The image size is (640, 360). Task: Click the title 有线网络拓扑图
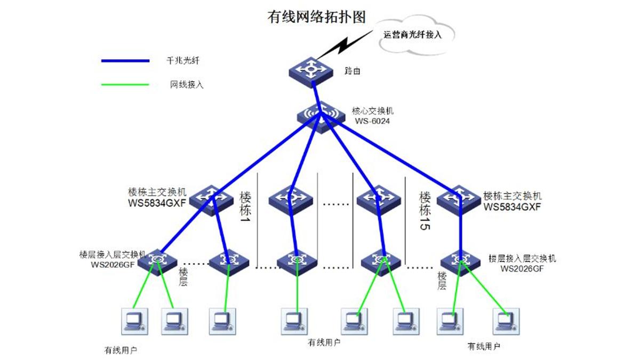[316, 17]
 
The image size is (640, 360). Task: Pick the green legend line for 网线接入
[125, 84]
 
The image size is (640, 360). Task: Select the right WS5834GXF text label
[512, 206]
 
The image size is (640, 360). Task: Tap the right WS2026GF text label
[522, 269]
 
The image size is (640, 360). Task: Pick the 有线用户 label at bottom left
[121, 350]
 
